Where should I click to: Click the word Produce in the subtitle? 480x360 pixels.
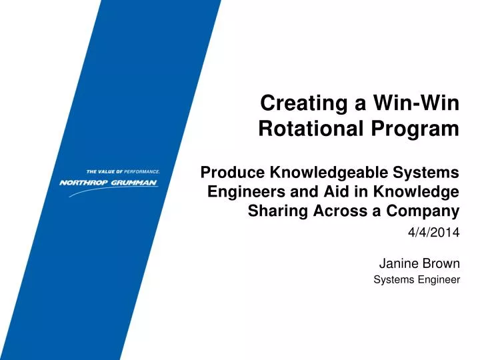[233, 173]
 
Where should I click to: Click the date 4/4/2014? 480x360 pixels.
[433, 233]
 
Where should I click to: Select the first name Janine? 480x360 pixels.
[398, 263]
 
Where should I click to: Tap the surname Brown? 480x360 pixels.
[441, 263]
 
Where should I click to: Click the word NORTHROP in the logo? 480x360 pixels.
[84, 183]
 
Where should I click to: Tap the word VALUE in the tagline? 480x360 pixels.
[107, 171]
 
